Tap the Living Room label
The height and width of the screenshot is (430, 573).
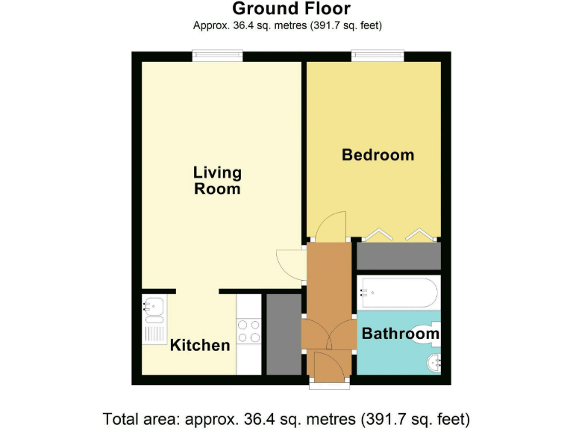pos(217,181)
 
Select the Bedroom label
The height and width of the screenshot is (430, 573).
pos(378,155)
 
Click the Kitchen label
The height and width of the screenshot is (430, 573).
pos(200,345)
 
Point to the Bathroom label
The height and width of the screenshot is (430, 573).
pos(400,334)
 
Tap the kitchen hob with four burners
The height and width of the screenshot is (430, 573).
pos(248,331)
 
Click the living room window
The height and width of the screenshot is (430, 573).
pos(217,54)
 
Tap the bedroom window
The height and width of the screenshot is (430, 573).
pos(378,54)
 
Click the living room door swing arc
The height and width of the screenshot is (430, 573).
pos(289,263)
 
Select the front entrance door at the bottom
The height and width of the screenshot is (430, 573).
pos(329,367)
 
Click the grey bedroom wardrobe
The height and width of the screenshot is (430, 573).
pos(398,255)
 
